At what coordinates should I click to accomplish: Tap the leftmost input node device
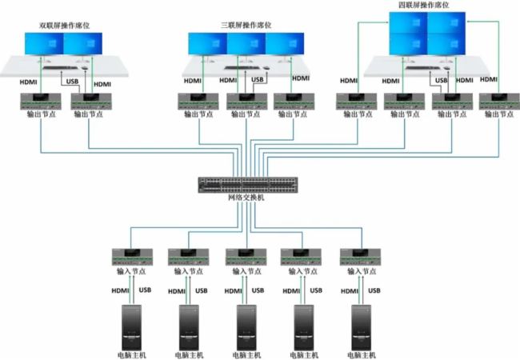click(132, 257)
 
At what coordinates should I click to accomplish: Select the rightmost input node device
click(361, 257)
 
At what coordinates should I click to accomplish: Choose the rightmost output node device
click(494, 102)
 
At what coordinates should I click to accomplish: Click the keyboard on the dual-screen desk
click(59, 69)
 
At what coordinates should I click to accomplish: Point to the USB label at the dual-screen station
click(72, 79)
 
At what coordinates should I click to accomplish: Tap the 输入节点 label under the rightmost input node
click(361, 272)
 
